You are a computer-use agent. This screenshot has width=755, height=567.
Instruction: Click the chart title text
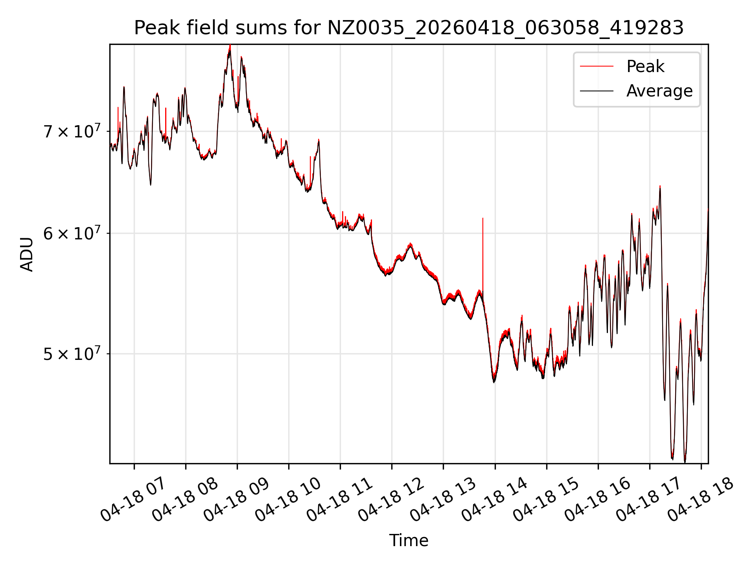(x=409, y=28)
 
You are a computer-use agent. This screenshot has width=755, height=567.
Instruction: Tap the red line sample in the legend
(x=597, y=66)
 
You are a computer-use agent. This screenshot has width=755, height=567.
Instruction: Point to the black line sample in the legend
(x=597, y=91)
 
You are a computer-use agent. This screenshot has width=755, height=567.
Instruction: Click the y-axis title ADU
(x=27, y=254)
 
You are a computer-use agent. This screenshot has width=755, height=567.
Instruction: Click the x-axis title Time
(x=409, y=540)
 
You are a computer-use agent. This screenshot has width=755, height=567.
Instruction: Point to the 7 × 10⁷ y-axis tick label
(x=72, y=131)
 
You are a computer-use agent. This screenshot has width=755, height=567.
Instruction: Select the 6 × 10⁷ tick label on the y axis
(x=72, y=233)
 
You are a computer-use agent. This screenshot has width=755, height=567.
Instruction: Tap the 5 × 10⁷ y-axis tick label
(x=72, y=354)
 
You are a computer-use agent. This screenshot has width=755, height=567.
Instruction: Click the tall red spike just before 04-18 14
(x=483, y=256)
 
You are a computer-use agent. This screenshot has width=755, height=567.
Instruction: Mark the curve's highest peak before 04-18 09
(x=230, y=46)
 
